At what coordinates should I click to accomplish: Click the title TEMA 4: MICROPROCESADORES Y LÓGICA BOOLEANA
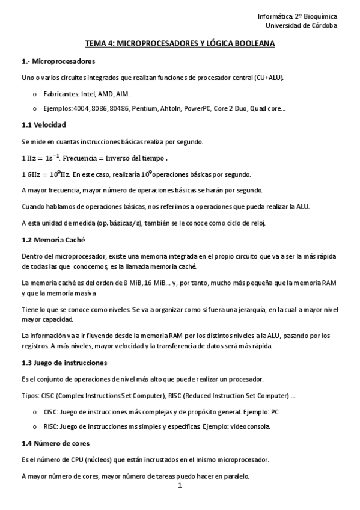click(x=180, y=44)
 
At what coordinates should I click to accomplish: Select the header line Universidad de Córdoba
click(x=302, y=25)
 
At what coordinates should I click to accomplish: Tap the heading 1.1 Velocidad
click(x=44, y=124)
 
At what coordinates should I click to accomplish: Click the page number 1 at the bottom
click(x=180, y=486)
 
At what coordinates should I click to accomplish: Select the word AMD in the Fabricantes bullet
click(x=103, y=94)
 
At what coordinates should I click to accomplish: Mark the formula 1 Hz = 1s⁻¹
click(x=40, y=158)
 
